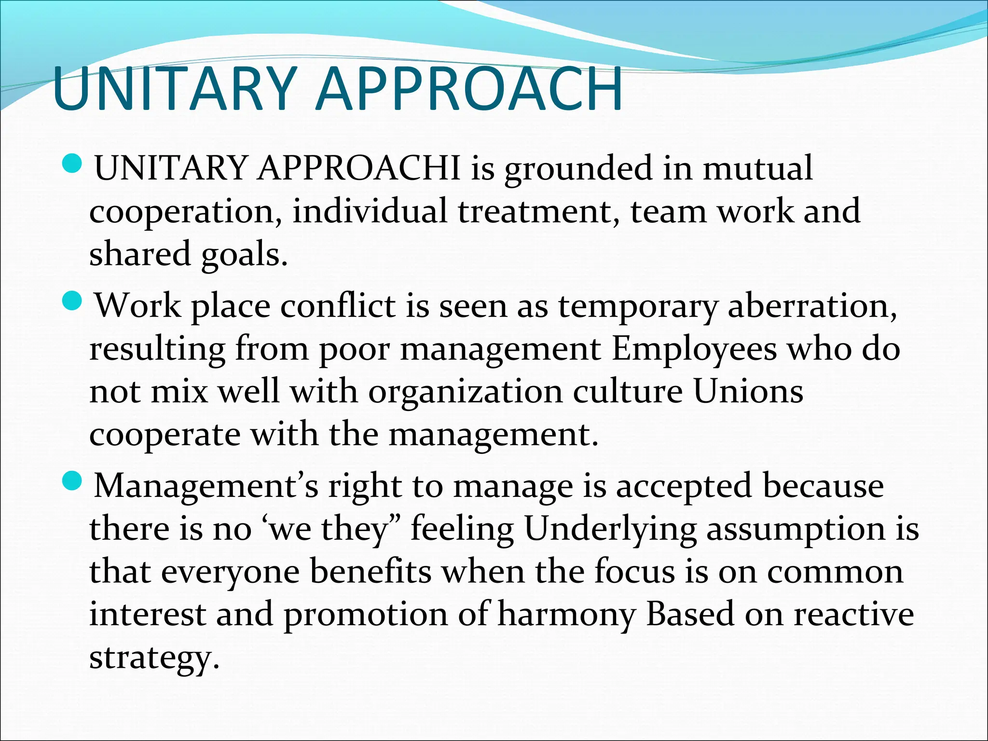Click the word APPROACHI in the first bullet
click(359, 168)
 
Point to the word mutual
click(757, 168)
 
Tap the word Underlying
click(610, 529)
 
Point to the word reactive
click(854, 615)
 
